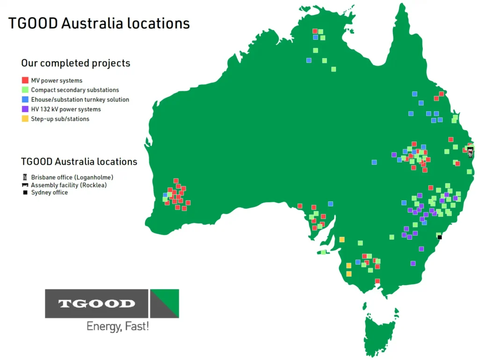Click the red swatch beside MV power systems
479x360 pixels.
[25, 80]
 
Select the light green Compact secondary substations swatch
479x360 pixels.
[25, 90]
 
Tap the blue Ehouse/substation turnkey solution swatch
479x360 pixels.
[25, 99]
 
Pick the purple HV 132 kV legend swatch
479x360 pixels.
[25, 109]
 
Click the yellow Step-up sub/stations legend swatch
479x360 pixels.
[25, 118]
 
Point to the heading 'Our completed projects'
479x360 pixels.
[75, 63]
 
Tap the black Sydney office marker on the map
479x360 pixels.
[440, 237]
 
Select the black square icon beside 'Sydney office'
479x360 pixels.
[25, 192]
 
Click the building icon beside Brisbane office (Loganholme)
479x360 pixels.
[25, 177]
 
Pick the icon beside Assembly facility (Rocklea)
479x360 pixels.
[25, 185]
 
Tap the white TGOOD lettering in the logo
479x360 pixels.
[96, 303]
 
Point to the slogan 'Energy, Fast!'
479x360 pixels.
[117, 326]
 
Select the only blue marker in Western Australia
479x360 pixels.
[165, 195]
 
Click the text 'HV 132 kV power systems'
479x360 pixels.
[66, 109]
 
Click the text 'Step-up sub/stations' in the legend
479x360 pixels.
[60, 119]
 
